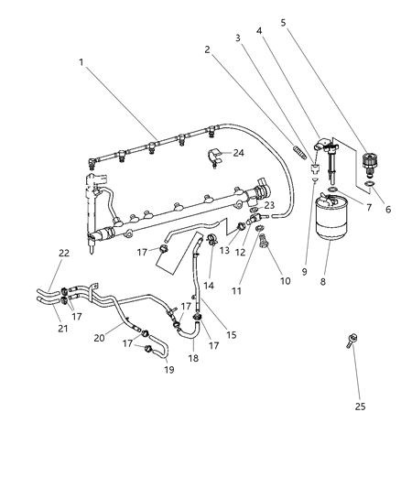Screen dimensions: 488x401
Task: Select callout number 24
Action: (x=239, y=152)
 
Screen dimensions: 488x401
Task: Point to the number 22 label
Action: (x=64, y=254)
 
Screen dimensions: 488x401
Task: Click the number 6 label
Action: (x=388, y=209)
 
